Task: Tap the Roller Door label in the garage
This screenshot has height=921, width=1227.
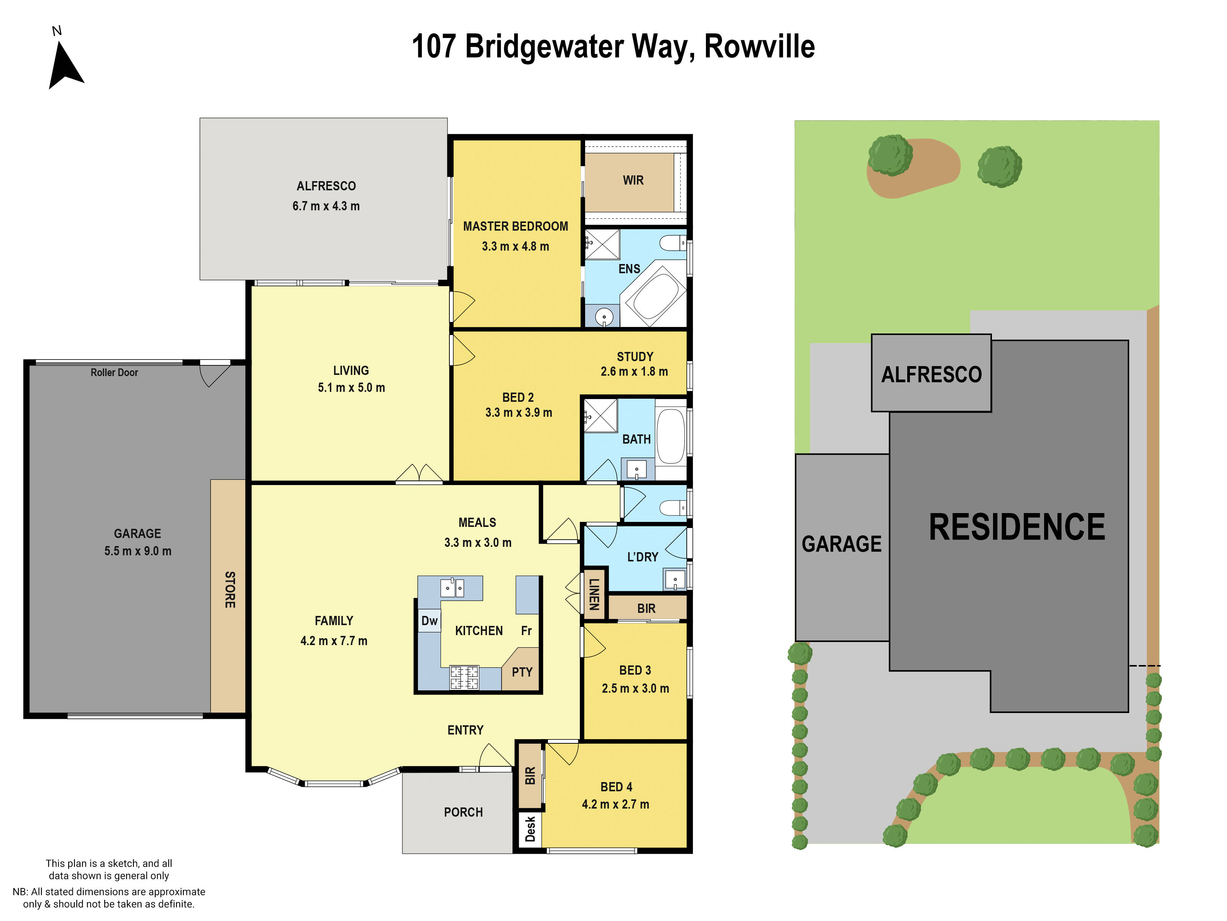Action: pos(114,373)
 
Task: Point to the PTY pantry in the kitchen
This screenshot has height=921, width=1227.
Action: pos(522,672)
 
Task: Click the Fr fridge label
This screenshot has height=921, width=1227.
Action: pos(526,631)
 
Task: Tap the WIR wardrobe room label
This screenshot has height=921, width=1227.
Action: pos(633,180)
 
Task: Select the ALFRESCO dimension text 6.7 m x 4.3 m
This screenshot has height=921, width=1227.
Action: pos(326,206)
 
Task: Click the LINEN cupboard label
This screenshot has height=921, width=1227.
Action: pos(594,594)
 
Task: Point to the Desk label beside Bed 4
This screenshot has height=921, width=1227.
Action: pos(530,828)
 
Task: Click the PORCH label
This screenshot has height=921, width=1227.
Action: pos(463,812)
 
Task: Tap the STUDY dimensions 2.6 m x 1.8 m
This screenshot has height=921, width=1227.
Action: pos(634,371)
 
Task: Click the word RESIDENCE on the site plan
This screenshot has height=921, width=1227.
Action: pos(1017,527)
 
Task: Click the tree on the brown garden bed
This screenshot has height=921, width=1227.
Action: pos(890,155)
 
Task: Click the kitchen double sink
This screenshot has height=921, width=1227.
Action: pos(452,588)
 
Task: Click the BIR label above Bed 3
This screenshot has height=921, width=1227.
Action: pos(646,609)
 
